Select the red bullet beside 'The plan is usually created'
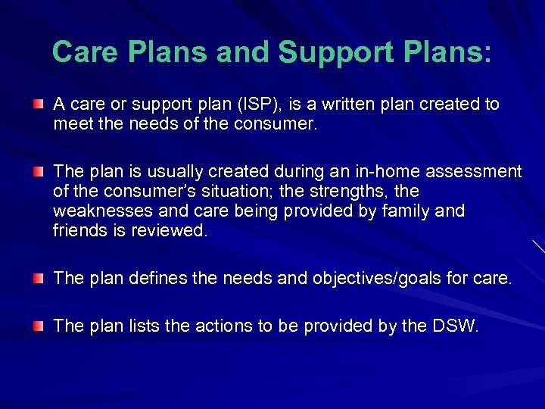pos(37,171)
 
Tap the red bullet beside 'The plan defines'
pos(37,279)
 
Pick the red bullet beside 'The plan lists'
pos(37,326)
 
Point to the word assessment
pos(478,172)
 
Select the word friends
pos(81,231)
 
